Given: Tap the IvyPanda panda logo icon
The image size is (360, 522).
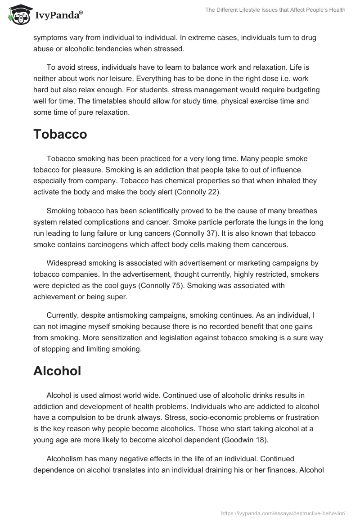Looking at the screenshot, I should coord(18,15).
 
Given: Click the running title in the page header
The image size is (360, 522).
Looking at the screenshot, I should coord(274,10).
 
